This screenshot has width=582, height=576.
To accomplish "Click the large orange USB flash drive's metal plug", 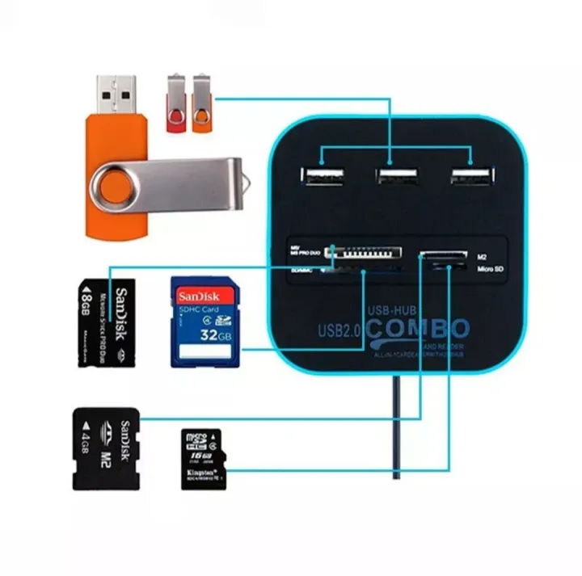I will click(116, 95).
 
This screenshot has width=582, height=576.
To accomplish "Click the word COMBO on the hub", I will click(417, 330).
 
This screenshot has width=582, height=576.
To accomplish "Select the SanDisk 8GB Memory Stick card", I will click(107, 323).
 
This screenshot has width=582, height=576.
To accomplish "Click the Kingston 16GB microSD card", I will click(202, 458).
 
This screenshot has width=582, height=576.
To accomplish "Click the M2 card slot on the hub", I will click(443, 257).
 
